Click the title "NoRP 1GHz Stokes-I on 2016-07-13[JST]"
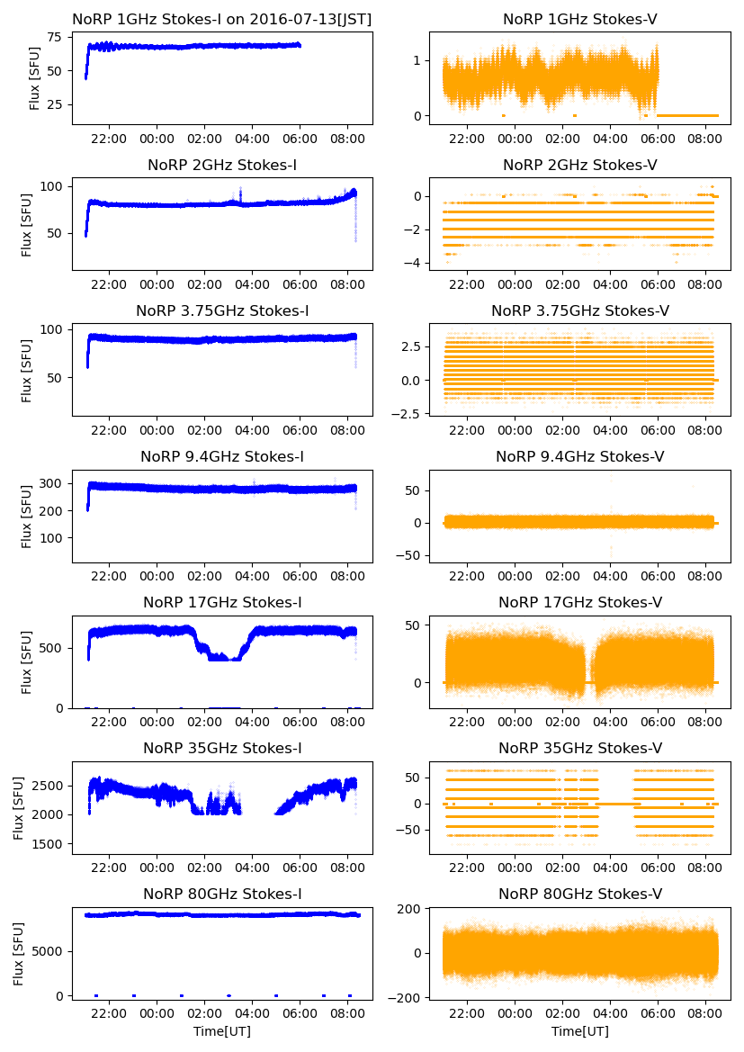click(x=222, y=19)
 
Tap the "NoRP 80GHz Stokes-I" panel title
click(x=222, y=895)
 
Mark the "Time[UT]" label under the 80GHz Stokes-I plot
click(x=222, y=1031)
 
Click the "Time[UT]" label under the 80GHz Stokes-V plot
click(x=580, y=1031)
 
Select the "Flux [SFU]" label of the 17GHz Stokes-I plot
click(x=27, y=661)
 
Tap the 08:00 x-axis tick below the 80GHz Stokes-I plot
click(x=348, y=1015)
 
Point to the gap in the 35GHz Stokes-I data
click(x=258, y=810)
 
